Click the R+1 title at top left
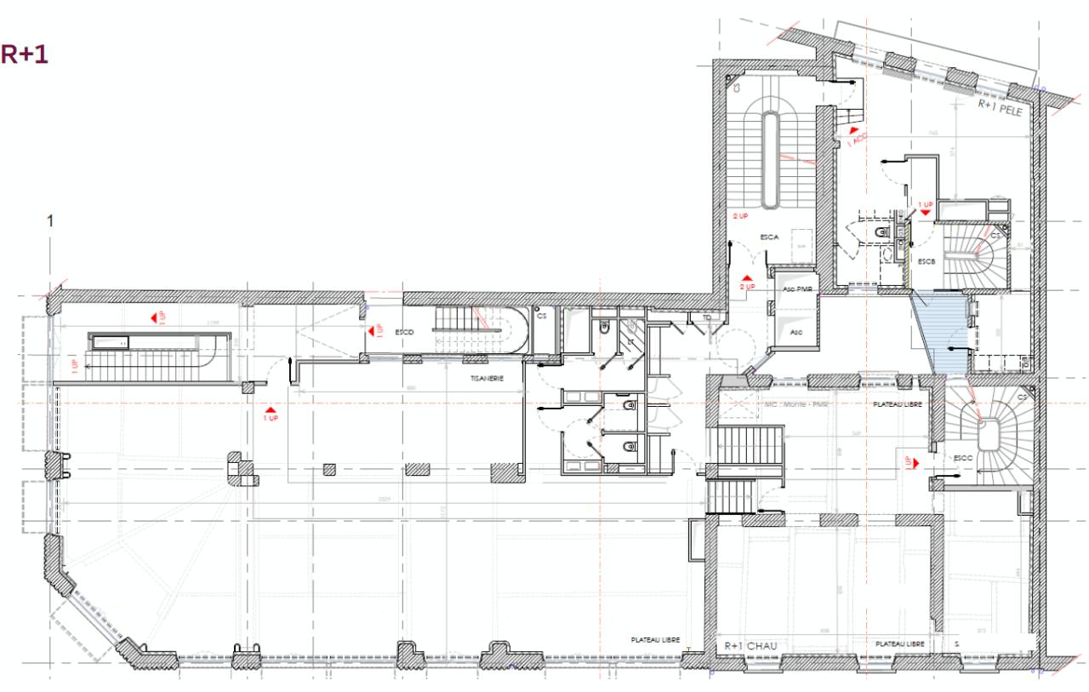(x=24, y=54)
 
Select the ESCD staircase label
(x=403, y=332)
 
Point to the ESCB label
(x=927, y=261)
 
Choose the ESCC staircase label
(x=963, y=458)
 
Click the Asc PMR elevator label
(x=794, y=289)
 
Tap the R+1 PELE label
(x=1003, y=106)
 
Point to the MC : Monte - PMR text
(x=796, y=405)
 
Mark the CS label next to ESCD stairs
(x=542, y=315)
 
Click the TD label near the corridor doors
(x=708, y=317)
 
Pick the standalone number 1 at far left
(x=50, y=221)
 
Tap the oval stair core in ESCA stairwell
(x=770, y=159)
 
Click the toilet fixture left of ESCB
(x=880, y=232)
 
